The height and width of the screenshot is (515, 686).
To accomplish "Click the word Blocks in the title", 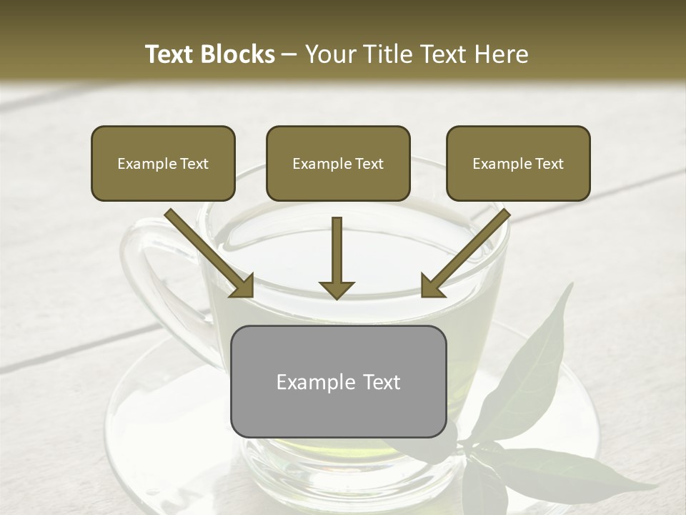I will (x=238, y=54).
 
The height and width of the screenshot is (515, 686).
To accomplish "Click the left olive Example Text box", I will (x=163, y=164).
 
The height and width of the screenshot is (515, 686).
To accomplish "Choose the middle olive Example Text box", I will (x=338, y=164).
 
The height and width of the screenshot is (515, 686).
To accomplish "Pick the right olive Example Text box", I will (x=518, y=164).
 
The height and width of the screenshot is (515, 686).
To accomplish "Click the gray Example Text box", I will (x=338, y=382).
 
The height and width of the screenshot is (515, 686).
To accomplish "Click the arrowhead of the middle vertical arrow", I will (x=337, y=288).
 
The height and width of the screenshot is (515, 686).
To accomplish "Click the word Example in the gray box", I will (x=309, y=382).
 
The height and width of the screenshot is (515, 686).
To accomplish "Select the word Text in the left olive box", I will (x=194, y=164).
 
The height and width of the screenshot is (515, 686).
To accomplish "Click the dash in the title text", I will (x=289, y=55).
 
